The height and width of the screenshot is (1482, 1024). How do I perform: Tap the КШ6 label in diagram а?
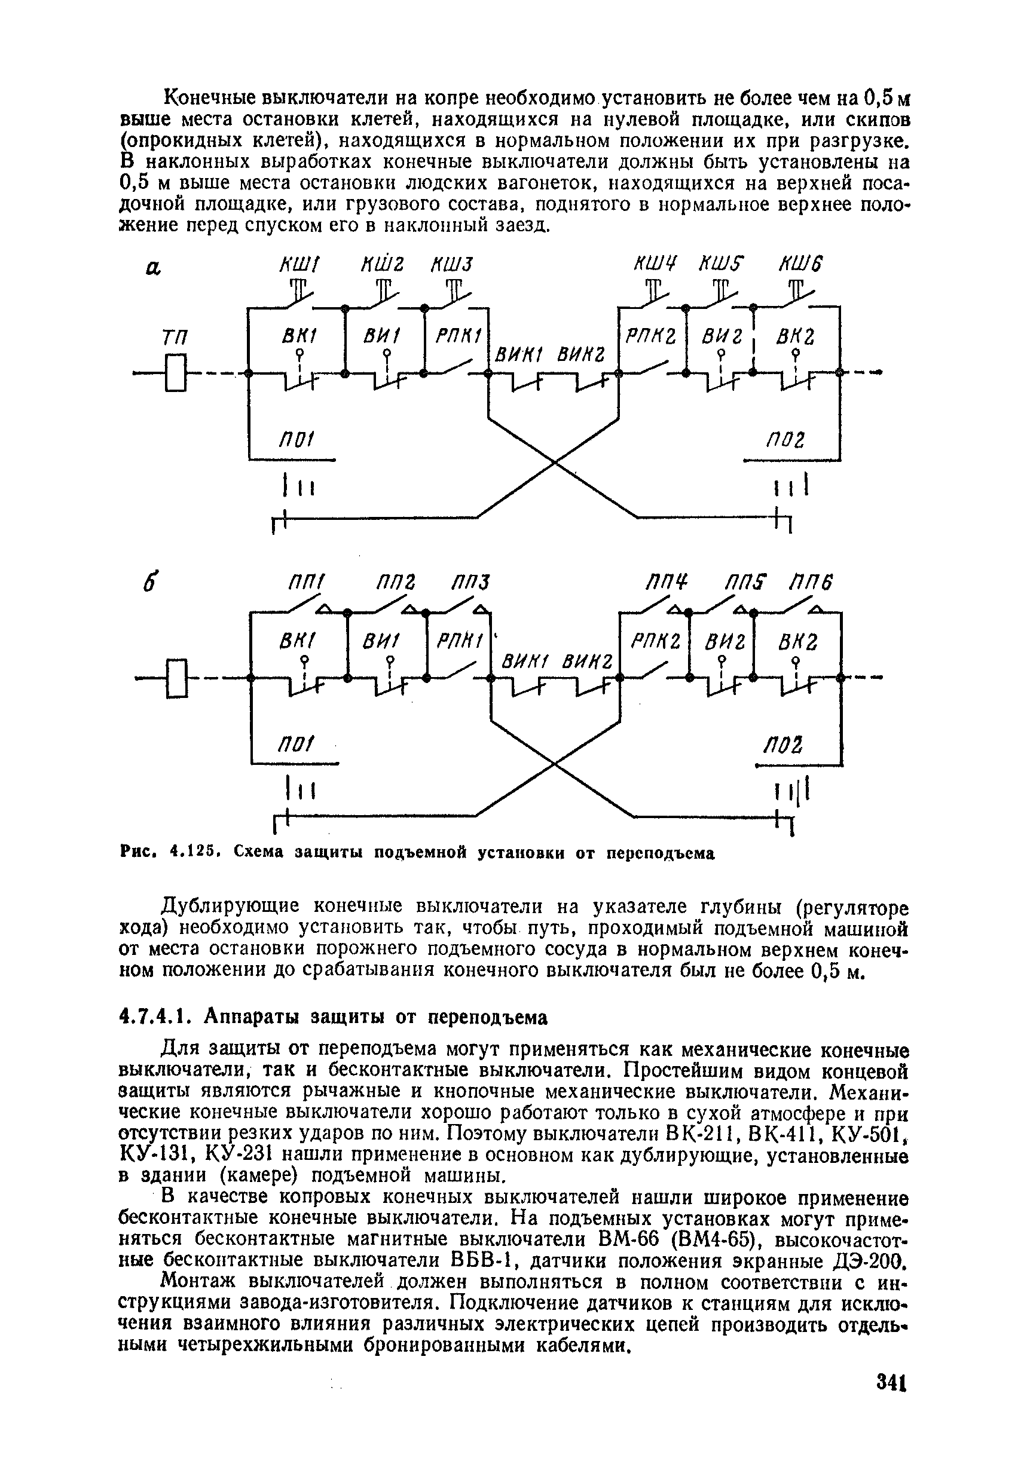(x=800, y=264)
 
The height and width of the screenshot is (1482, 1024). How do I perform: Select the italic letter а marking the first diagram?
(x=152, y=268)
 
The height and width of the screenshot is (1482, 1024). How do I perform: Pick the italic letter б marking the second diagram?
(x=151, y=584)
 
